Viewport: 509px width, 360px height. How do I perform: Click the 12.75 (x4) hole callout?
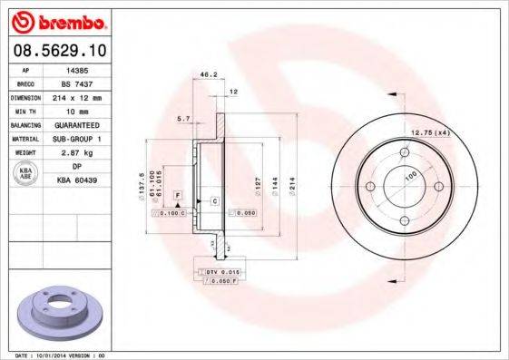[431, 132]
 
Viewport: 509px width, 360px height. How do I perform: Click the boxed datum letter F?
[178, 196]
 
